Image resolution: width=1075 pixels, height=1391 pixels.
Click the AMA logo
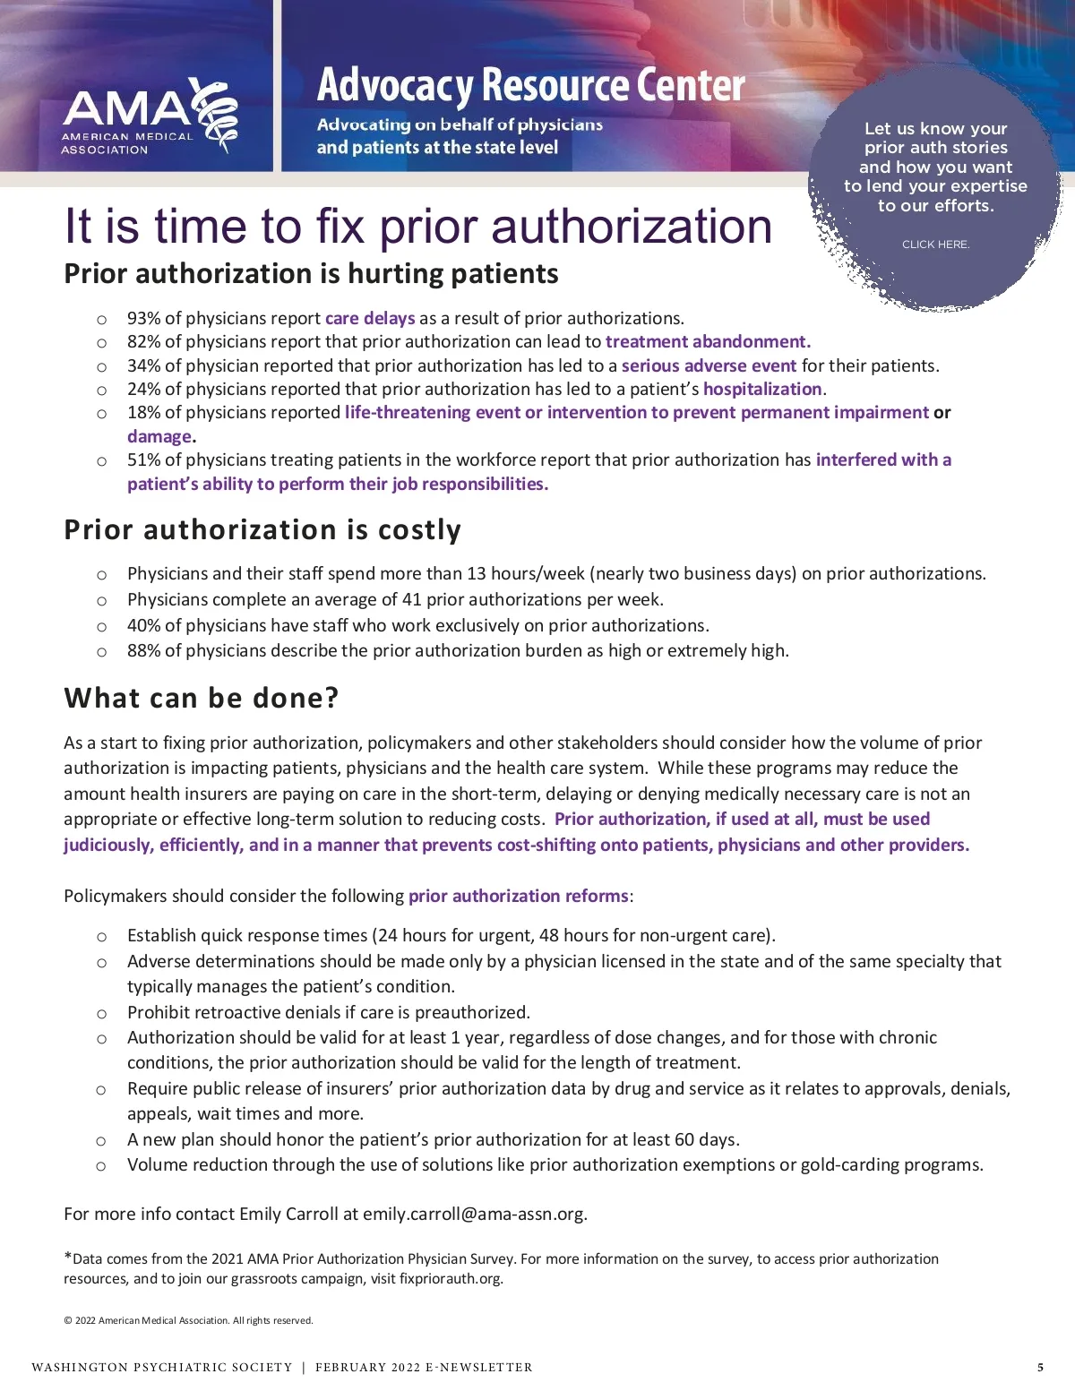tap(149, 116)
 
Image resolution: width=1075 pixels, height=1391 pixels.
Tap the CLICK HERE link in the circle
tap(935, 245)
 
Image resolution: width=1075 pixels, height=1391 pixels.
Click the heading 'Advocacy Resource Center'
tap(530, 86)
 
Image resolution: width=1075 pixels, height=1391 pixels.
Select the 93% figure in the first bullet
tap(144, 319)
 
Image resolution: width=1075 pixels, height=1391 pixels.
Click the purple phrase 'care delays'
tap(370, 319)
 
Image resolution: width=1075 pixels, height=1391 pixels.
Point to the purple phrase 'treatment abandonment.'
tap(708, 342)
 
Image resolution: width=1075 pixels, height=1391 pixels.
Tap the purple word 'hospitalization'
tap(762, 390)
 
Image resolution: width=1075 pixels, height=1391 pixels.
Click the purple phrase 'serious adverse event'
tap(709, 366)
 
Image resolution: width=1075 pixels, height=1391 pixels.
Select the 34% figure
tap(144, 366)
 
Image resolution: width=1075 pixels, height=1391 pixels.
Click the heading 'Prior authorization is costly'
tap(262, 530)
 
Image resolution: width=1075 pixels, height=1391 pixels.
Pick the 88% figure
tap(144, 651)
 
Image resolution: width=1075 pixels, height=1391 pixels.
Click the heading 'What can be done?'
tap(202, 699)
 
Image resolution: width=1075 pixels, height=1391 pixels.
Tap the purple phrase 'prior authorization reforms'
tap(519, 897)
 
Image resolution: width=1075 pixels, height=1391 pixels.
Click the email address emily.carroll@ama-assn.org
tap(473, 1215)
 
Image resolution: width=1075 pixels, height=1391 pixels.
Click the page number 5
tap(1040, 1368)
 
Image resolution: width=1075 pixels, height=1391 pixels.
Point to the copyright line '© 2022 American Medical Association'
tap(188, 1321)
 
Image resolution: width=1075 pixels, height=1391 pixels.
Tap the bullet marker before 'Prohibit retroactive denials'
tap(101, 1014)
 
